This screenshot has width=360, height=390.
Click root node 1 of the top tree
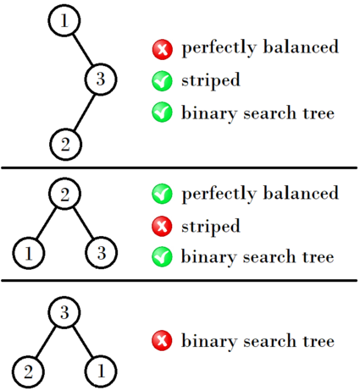click(64, 20)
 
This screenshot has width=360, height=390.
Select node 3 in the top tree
click(101, 80)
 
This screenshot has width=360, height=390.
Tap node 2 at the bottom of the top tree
click(65, 145)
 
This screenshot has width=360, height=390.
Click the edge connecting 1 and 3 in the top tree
click(83, 50)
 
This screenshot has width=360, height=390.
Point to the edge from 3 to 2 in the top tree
click(84, 113)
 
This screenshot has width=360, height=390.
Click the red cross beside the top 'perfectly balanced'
click(163, 50)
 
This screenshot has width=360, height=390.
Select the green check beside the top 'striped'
click(162, 81)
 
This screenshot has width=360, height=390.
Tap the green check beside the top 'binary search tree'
click(162, 112)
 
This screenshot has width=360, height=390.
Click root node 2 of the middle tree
click(65, 194)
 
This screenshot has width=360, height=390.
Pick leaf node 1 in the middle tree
click(29, 253)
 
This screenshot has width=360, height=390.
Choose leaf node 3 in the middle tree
click(101, 253)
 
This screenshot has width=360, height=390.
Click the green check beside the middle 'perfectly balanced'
click(162, 194)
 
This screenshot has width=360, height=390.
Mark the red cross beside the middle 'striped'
click(162, 226)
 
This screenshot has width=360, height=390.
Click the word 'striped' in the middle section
click(211, 227)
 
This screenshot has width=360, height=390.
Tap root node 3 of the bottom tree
click(64, 312)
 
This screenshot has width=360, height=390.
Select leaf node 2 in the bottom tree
click(28, 371)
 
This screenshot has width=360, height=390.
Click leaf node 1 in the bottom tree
click(101, 371)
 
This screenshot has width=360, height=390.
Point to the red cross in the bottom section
click(162, 341)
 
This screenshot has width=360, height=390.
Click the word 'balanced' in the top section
click(301, 47)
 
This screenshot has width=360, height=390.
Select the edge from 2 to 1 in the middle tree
click(47, 223)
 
